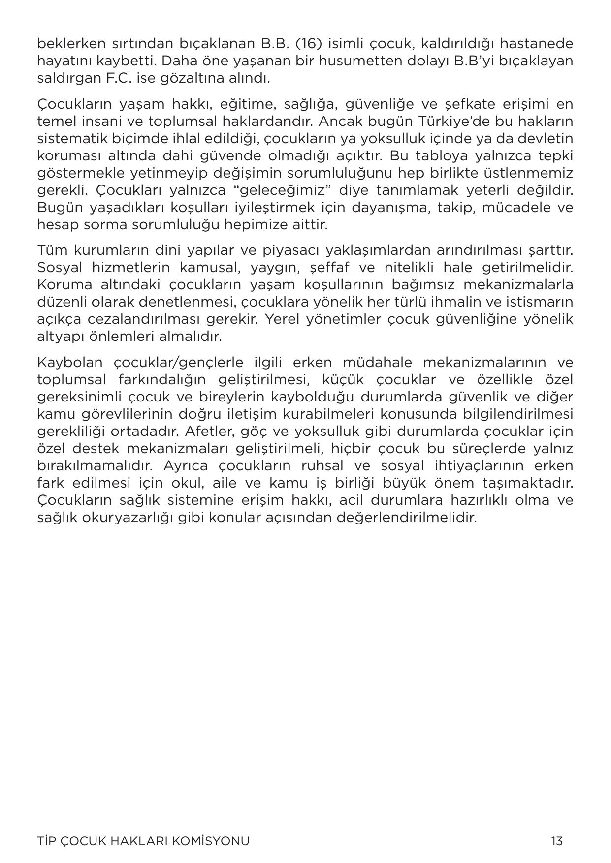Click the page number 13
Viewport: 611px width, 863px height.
[x=557, y=841]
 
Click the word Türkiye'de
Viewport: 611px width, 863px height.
[x=457, y=122]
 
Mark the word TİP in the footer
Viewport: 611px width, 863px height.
[x=47, y=841]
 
